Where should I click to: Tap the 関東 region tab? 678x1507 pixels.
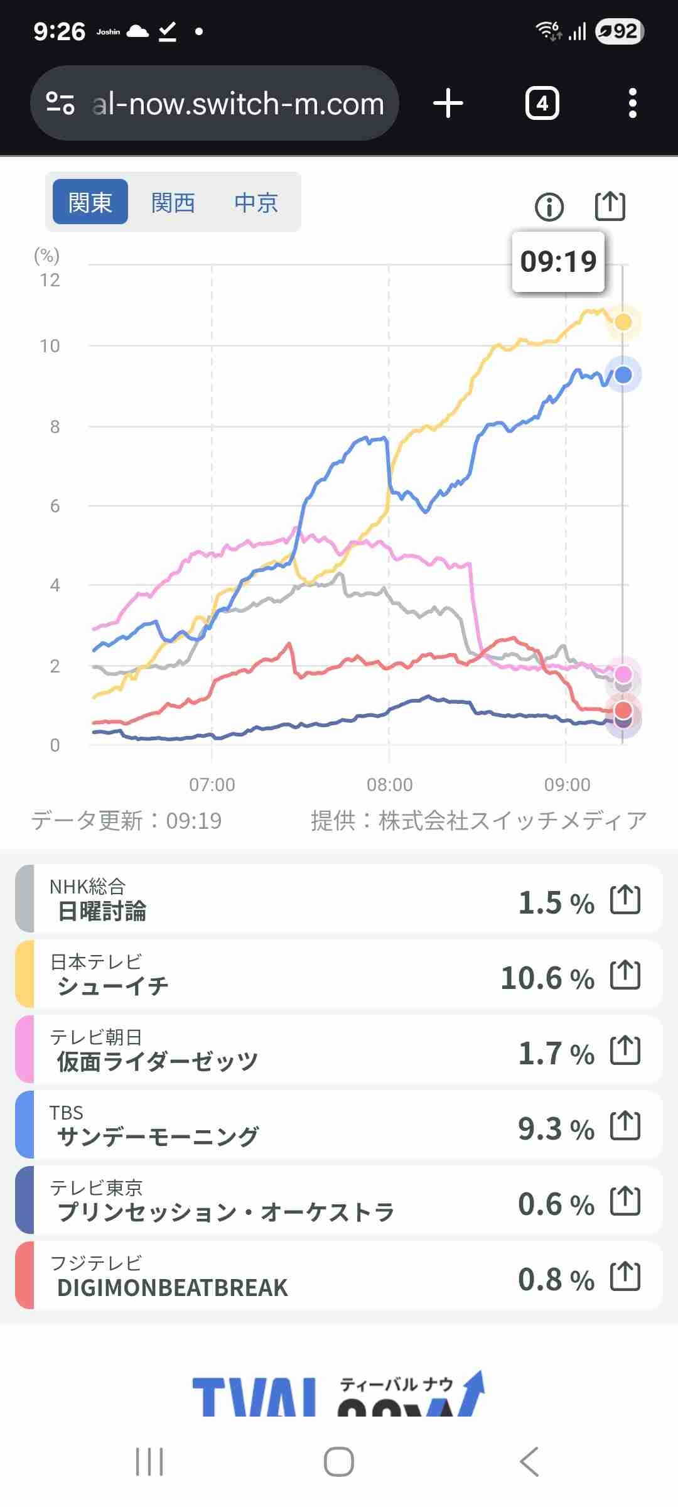90,202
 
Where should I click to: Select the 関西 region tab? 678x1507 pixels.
173,203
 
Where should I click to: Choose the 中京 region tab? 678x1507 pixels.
256,203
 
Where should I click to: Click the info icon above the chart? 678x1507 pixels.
549,207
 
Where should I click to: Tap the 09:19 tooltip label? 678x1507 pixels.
558,261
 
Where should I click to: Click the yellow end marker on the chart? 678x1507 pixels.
623,321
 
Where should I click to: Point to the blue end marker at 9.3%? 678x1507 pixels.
623,375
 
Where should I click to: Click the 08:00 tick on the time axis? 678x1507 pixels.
390,784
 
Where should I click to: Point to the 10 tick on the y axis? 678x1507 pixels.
50,346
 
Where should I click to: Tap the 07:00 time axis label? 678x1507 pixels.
212,784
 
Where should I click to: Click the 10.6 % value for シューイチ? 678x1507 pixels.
547,978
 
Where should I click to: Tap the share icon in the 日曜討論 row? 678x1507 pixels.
625,900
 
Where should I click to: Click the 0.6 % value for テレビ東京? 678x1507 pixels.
556,1204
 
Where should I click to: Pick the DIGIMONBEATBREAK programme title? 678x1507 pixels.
173,1287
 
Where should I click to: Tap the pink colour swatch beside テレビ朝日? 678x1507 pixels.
25,1050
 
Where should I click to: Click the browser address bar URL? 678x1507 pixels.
238,104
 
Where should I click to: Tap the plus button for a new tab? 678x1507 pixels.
448,104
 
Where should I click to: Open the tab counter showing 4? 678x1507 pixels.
542,104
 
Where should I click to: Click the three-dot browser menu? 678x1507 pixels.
633,104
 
